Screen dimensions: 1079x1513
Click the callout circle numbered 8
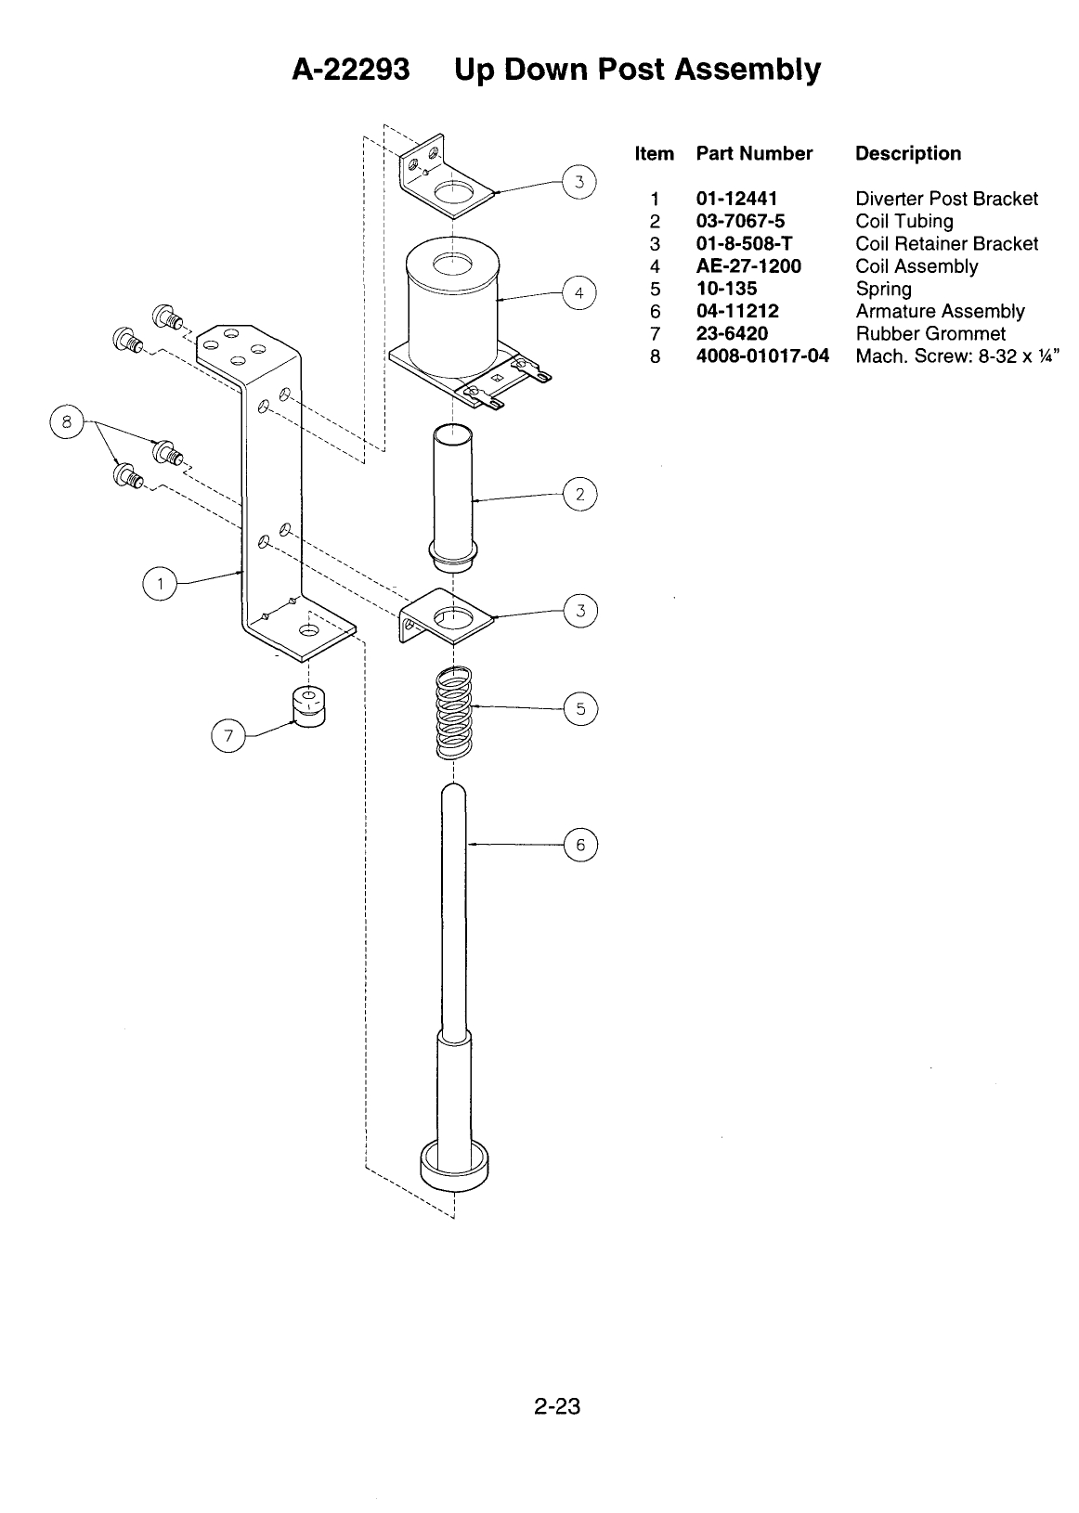coord(66,422)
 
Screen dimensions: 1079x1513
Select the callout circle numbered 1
coord(160,584)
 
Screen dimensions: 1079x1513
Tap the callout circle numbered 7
coord(228,735)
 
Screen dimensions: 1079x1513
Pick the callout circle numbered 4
coord(579,293)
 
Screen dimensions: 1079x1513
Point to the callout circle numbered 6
coord(580,845)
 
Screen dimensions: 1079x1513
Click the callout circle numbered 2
coord(579,495)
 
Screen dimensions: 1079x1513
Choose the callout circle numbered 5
coord(580,708)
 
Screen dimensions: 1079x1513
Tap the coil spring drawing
coord(453,713)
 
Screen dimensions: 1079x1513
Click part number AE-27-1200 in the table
coord(748,266)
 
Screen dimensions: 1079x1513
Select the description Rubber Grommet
coord(930,333)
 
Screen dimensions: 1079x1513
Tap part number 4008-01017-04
coord(762,356)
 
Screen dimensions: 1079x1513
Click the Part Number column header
coord(754,153)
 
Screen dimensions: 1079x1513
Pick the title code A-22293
coord(351,69)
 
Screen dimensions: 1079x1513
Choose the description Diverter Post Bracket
coord(946,199)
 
